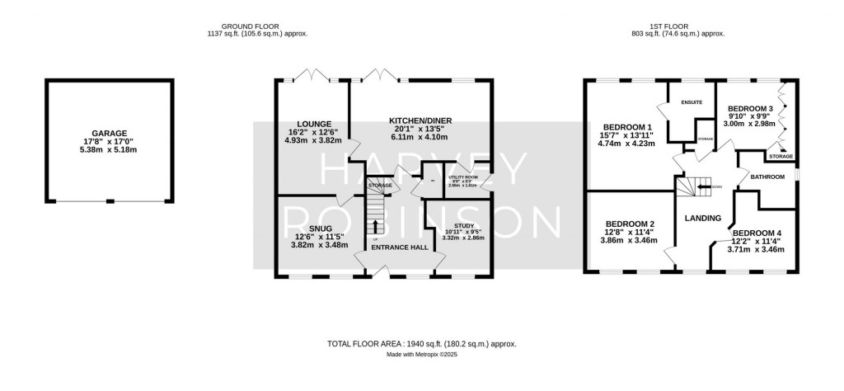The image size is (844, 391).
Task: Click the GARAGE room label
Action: coord(110,132)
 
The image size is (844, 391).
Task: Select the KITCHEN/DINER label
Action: coord(420,120)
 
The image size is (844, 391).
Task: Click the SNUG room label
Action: coord(309,228)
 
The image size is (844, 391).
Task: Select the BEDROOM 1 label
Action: coord(621,126)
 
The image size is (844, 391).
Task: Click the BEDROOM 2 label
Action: coord(630,224)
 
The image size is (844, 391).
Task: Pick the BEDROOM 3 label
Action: coord(750,108)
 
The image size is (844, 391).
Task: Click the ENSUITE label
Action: coord(691,103)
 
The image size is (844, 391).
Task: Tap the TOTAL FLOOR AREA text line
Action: coord(422,343)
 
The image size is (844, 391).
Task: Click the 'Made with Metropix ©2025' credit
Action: coord(422,355)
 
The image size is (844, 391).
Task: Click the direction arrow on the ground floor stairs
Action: coord(377,225)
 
